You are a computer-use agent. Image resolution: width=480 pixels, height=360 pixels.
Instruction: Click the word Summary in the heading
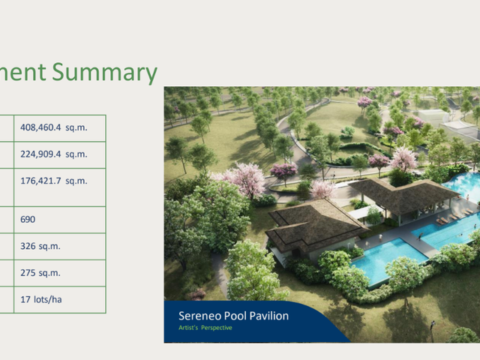point(104,72)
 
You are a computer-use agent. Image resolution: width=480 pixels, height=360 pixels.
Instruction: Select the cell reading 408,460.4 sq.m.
point(60,128)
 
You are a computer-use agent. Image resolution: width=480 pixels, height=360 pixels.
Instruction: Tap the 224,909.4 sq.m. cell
point(60,154)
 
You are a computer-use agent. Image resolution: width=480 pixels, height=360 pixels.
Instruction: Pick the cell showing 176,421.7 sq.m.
point(60,187)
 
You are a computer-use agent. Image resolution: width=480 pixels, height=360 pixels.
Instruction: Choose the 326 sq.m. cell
point(60,247)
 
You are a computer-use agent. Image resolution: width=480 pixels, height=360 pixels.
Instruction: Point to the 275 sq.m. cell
point(60,273)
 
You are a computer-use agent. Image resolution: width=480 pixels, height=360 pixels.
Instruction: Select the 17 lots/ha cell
point(60,300)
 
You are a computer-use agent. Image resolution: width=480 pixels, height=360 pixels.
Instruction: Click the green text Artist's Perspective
point(205,328)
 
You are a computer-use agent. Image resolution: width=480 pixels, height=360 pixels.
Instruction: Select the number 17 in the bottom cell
point(25,299)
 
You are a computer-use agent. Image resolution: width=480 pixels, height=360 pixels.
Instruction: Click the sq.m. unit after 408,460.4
point(76,128)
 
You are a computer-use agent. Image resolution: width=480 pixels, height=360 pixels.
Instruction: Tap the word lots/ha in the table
point(48,299)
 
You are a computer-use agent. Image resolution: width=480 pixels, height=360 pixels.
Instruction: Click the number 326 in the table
point(28,246)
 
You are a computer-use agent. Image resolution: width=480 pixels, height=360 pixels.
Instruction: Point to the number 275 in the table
point(28,273)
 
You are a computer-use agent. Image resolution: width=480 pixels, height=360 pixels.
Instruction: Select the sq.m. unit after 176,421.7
point(76,181)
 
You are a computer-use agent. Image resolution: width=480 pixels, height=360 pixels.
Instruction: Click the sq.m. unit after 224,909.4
point(76,154)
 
